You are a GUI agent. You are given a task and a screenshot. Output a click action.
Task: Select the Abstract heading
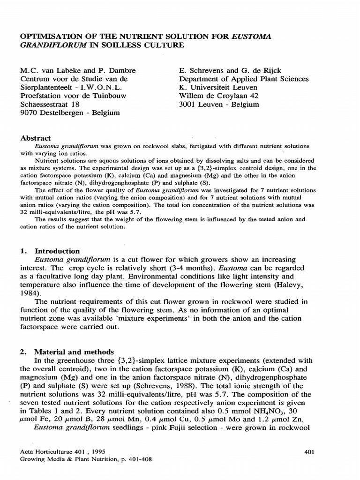[36, 138]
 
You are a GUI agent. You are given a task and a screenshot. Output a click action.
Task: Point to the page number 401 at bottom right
[309, 452]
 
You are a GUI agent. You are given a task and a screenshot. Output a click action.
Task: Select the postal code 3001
[188, 104]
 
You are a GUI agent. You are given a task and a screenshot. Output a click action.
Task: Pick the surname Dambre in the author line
[121, 70]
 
